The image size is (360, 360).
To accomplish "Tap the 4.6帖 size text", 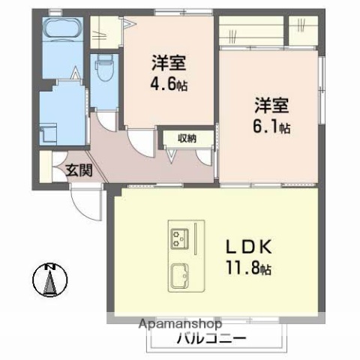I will click(169, 85).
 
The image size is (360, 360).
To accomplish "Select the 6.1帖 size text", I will click(271, 127).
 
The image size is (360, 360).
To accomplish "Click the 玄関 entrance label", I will click(78, 169).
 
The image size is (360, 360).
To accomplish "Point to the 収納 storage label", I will click(187, 138).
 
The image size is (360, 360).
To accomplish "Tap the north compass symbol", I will click(50, 283).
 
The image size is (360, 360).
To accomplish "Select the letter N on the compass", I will click(50, 268).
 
